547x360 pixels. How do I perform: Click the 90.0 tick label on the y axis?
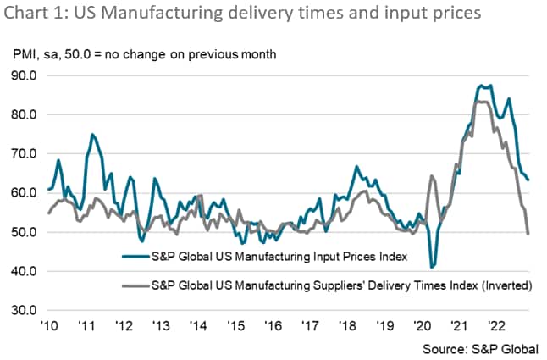(x=25, y=75)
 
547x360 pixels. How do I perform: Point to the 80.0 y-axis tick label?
(x=25, y=114)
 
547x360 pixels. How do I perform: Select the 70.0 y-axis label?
(x=25, y=153)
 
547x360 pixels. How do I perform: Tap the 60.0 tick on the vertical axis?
(x=25, y=193)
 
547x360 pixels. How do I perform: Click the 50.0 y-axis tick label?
(x=25, y=232)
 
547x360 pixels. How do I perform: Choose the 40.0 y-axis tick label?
(x=25, y=271)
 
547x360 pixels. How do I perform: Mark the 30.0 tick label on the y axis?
(x=25, y=311)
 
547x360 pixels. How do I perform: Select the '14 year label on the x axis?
(x=197, y=325)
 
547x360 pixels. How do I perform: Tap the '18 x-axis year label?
(x=346, y=325)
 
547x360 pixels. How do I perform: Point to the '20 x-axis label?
(x=421, y=325)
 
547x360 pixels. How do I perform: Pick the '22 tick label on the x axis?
(x=495, y=325)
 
